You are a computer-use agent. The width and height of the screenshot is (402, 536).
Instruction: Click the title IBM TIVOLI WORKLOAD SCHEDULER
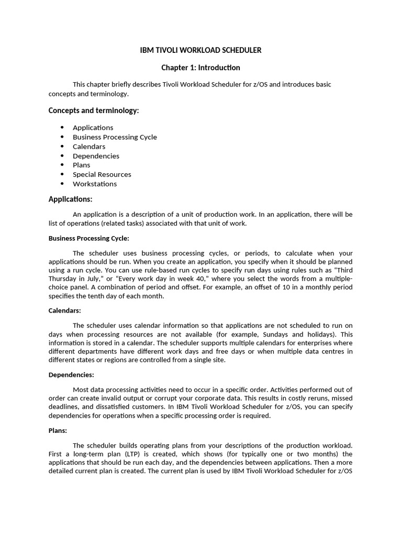pyautogui.click(x=200, y=50)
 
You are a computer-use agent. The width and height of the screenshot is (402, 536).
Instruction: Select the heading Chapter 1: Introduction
pyautogui.click(x=200, y=68)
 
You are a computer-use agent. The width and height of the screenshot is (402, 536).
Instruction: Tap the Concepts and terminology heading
pyautogui.click(x=94, y=110)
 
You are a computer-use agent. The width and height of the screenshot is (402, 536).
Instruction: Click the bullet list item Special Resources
pyautogui.click(x=102, y=174)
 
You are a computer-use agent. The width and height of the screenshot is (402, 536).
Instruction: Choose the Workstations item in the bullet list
pyautogui.click(x=95, y=184)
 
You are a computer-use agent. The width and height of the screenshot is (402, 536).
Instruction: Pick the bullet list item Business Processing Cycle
pyautogui.click(x=115, y=137)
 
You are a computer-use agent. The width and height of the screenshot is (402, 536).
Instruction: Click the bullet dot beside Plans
pyautogui.click(x=62, y=165)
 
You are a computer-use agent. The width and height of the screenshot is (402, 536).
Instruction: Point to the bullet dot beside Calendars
pyautogui.click(x=62, y=147)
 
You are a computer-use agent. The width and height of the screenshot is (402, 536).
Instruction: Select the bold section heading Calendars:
pyautogui.click(x=65, y=310)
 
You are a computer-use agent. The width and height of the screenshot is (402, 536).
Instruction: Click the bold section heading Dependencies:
pyautogui.click(x=71, y=375)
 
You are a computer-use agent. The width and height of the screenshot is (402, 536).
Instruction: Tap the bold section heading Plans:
pyautogui.click(x=58, y=430)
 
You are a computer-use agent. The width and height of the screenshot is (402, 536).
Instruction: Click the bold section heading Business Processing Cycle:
pyautogui.click(x=88, y=238)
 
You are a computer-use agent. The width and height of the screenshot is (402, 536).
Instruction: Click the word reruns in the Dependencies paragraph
pyautogui.click(x=317, y=398)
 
